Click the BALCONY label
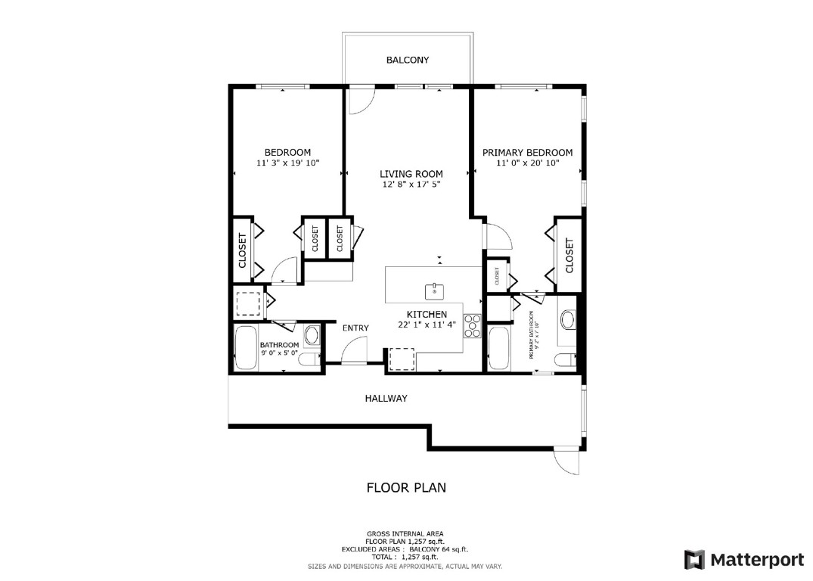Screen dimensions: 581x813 [407, 60]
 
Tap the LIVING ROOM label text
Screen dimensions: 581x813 [411, 174]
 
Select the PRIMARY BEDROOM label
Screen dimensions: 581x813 [527, 152]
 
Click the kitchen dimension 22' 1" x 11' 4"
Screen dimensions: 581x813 [427, 325]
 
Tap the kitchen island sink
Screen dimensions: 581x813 [435, 289]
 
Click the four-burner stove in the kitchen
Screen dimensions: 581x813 [473, 325]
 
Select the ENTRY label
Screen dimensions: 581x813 [355, 328]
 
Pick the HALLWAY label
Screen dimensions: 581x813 [386, 398]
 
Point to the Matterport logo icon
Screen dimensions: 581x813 [694, 559]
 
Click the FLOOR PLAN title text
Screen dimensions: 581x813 [406, 487]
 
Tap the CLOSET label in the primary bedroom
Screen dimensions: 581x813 [569, 256]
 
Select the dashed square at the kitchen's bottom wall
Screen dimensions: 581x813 [402, 359]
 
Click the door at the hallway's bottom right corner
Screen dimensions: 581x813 [566, 460]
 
